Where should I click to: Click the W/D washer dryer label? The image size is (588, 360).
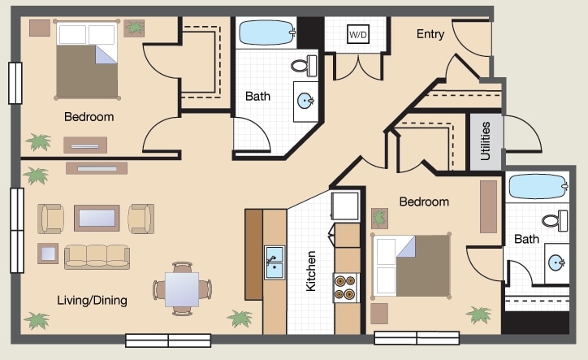pyautogui.click(x=357, y=36)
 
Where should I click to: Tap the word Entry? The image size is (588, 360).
pyautogui.click(x=430, y=34)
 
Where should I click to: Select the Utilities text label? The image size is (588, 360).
pyautogui.click(x=486, y=141)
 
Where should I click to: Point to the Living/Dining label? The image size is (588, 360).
pyautogui.click(x=92, y=301)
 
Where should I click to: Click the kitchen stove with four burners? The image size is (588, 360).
pyautogui.click(x=346, y=287)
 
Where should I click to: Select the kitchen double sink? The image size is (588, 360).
pyautogui.click(x=274, y=262)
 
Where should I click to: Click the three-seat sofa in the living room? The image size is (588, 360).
pyautogui.click(x=97, y=256)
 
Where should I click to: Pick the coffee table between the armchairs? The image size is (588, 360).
pyautogui.click(x=97, y=218)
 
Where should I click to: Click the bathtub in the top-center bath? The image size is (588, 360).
pyautogui.click(x=266, y=33)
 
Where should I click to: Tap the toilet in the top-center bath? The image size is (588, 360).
pyautogui.click(x=304, y=65)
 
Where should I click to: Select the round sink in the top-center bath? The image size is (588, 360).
pyautogui.click(x=305, y=102)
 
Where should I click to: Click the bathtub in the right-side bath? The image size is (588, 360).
pyautogui.click(x=537, y=187)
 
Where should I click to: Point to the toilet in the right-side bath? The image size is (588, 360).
pyautogui.click(x=556, y=219)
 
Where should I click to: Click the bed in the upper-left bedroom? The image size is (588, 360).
pyautogui.click(x=87, y=60)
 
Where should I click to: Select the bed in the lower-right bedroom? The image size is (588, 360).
pyautogui.click(x=411, y=265)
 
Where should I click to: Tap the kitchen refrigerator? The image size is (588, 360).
pyautogui.click(x=344, y=206)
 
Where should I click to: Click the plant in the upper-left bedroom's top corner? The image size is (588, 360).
pyautogui.click(x=133, y=28)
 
